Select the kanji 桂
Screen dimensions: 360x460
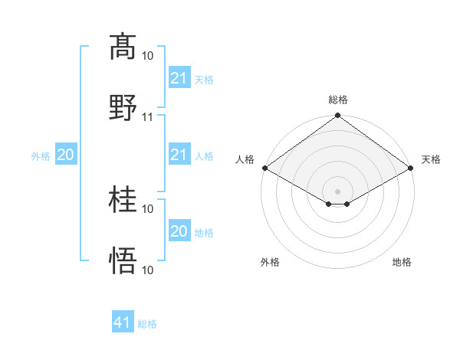coord(123,201)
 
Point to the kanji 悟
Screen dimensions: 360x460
coord(123,263)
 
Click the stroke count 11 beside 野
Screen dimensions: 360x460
coord(148,116)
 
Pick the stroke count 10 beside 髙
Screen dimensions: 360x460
coord(148,55)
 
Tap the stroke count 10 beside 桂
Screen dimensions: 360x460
coord(148,208)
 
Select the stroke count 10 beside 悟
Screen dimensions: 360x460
coord(148,270)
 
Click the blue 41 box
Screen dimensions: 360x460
coord(123,322)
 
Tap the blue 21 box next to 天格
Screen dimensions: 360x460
coord(179,78)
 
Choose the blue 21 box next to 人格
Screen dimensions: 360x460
coord(179,155)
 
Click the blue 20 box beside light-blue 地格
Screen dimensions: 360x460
coord(179,231)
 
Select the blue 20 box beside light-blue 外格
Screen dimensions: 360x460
coord(66,155)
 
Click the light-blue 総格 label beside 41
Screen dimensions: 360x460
coord(147,324)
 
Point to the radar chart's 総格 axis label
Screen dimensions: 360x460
coord(337,100)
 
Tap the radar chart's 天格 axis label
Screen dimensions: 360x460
coord(432,159)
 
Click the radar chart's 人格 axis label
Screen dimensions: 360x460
coord(245,159)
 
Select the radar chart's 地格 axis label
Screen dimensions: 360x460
coord(402,262)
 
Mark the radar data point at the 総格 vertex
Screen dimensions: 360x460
coord(337,116)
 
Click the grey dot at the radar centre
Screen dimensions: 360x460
coord(337,191)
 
